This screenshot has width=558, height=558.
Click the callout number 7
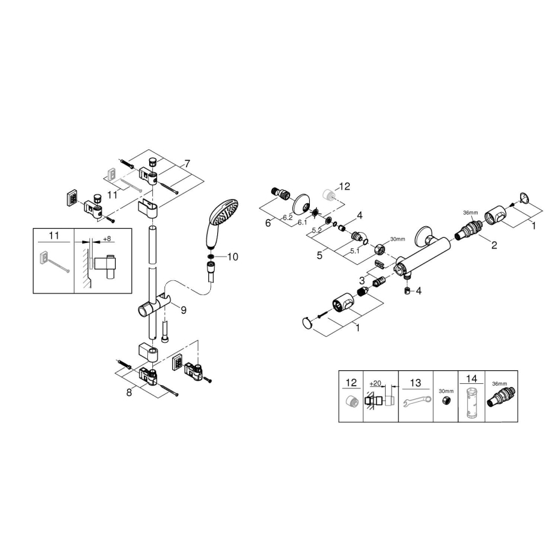tap(187, 164)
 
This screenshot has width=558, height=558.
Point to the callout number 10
tap(232, 257)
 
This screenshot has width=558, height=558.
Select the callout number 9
tap(183, 310)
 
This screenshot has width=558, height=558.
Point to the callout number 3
tap(361, 280)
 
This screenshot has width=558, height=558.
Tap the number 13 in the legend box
tap(415, 383)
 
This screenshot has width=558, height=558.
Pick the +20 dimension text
tap(377, 383)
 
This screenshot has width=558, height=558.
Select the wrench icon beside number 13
tap(415, 404)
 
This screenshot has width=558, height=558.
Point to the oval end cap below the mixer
tap(309, 323)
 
